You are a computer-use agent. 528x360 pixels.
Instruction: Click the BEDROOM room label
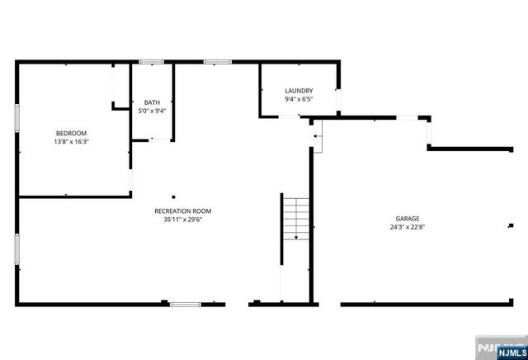(x=71, y=133)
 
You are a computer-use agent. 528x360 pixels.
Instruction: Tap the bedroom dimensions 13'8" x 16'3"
(x=71, y=141)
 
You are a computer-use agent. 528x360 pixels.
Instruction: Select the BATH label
(x=152, y=102)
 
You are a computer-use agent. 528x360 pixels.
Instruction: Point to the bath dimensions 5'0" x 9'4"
(x=152, y=111)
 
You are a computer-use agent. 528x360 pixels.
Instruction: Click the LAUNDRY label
(x=298, y=91)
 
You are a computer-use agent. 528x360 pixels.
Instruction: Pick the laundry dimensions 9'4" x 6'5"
(x=298, y=99)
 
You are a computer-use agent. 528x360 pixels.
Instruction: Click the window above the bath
(x=151, y=61)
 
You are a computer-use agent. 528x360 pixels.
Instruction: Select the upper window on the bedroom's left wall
(x=16, y=116)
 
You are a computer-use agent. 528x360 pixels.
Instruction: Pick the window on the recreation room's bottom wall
(x=185, y=304)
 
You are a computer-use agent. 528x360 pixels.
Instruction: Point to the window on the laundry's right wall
(x=338, y=98)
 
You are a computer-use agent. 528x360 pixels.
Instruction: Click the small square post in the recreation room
(x=173, y=197)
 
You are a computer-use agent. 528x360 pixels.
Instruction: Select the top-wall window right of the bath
(x=217, y=61)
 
